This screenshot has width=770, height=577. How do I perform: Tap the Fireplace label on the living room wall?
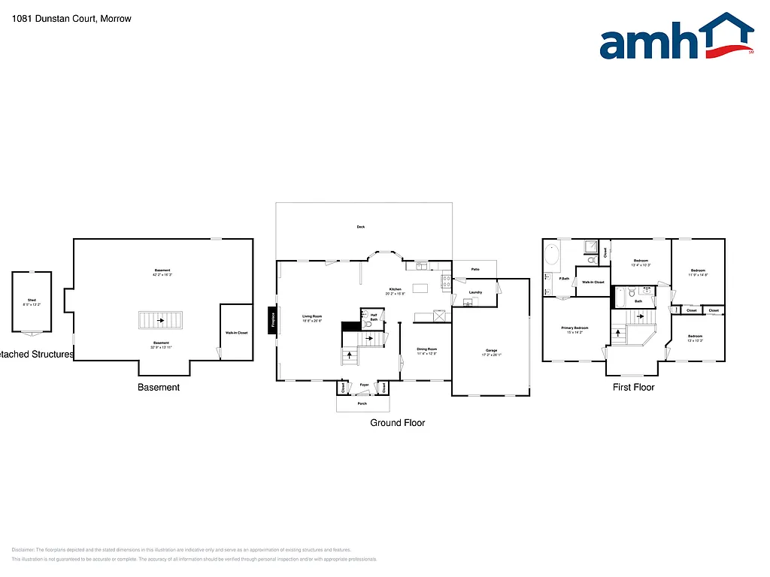[x=272, y=320]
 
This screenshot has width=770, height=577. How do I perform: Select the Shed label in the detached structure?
[x=32, y=302]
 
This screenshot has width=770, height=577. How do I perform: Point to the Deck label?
[x=360, y=227]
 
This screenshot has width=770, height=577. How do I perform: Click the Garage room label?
[x=491, y=352]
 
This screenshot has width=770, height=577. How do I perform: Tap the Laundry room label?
[x=475, y=292]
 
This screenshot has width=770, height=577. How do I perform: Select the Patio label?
[x=475, y=269]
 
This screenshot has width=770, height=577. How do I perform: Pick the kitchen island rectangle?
[x=420, y=288]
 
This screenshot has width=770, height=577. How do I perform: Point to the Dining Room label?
[x=427, y=350]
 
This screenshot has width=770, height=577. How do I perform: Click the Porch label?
[x=362, y=404]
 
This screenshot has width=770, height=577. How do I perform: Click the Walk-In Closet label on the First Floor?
[x=593, y=282]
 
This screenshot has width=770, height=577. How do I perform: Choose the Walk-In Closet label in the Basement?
[x=236, y=333]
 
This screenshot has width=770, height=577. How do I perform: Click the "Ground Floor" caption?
[x=397, y=423]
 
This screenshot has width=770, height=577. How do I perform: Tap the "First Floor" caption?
[x=633, y=387]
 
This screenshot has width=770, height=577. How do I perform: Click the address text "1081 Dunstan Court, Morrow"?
[x=71, y=19]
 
